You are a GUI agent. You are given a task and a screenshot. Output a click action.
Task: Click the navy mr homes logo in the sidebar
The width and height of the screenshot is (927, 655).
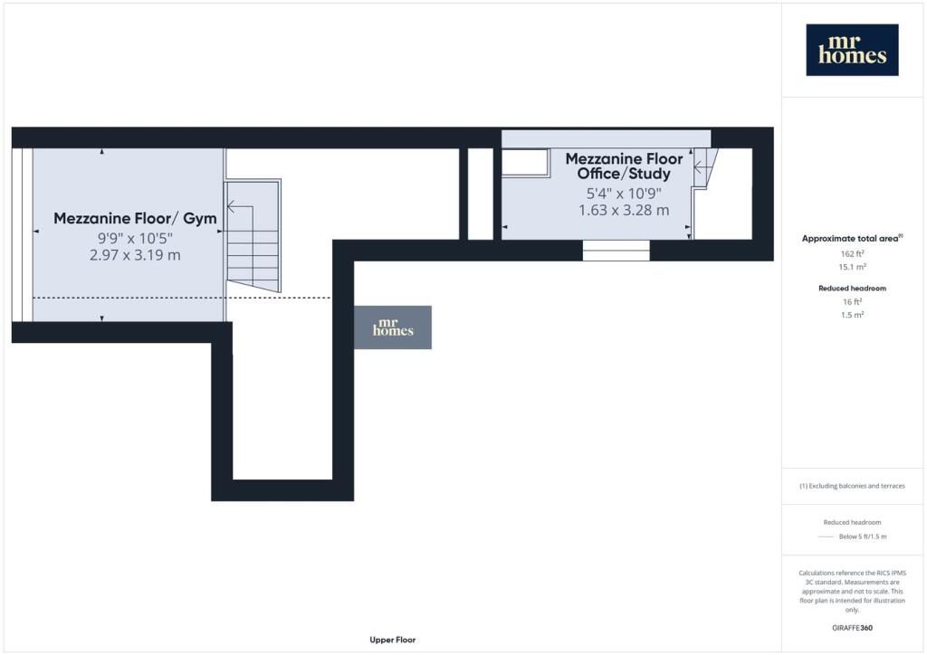tap(852, 50)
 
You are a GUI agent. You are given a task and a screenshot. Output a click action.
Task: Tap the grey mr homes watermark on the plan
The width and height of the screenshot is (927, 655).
tap(393, 327)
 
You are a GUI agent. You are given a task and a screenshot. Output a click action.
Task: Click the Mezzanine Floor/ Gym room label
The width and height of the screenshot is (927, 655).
tap(136, 219)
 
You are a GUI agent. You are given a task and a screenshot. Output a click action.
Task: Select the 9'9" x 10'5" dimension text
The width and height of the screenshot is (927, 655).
tap(136, 238)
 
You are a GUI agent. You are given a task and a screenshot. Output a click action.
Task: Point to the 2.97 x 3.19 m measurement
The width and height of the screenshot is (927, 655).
tap(136, 255)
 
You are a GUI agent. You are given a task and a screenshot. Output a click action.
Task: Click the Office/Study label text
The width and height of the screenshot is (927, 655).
tap(624, 174)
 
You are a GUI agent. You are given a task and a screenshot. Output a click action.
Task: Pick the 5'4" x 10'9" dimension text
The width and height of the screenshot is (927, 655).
tap(624, 193)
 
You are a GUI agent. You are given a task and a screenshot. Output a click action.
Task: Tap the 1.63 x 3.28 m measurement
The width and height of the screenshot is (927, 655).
tap(624, 210)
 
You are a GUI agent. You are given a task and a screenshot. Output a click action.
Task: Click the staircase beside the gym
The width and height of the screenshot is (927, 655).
tap(253, 235)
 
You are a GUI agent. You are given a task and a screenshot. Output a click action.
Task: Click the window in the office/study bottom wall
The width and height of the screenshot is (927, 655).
tap(616, 251)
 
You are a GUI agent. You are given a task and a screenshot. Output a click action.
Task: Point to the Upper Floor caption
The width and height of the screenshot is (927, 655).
tap(393, 640)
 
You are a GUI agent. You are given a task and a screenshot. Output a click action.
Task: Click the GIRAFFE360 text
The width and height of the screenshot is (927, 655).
tap(853, 628)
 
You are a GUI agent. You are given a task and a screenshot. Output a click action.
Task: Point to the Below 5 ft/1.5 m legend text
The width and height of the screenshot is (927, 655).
tap(863, 536)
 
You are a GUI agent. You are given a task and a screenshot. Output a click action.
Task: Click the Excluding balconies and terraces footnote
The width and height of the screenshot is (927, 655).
tap(853, 486)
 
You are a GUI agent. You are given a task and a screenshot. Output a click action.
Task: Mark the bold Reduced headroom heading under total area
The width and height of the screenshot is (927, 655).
tap(853, 289)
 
